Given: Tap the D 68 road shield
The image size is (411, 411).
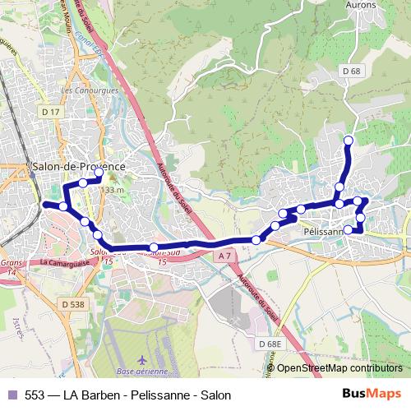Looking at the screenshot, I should pos(352,72).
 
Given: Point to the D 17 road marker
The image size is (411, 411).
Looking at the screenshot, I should pos(51,111).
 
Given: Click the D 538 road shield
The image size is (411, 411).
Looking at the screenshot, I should pos(72,304).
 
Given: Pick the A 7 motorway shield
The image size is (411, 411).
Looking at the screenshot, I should pos(225,257).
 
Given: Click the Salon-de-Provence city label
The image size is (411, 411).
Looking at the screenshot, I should pos(79,166).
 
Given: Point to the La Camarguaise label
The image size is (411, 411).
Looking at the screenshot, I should pos(67,262).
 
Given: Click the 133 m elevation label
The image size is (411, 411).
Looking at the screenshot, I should pos(111,190).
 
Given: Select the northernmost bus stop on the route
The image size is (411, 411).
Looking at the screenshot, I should pos(348,140).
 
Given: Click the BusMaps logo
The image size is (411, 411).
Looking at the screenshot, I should pos(376,395).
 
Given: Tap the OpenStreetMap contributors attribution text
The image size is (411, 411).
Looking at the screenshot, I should pos(339,368).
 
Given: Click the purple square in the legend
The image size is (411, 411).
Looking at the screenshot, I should pos(12,395).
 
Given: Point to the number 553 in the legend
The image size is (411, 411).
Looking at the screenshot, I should pos(35,395).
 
